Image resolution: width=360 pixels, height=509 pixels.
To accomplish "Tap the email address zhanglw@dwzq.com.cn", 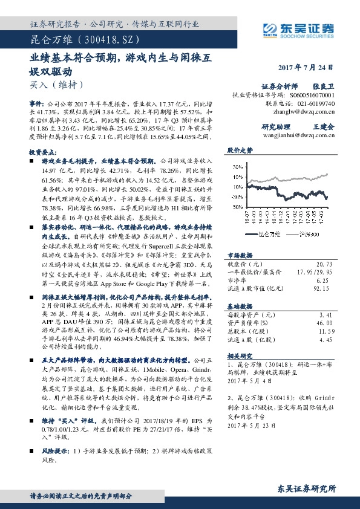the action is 304,111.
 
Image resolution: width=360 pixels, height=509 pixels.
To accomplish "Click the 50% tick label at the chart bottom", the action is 237,206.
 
